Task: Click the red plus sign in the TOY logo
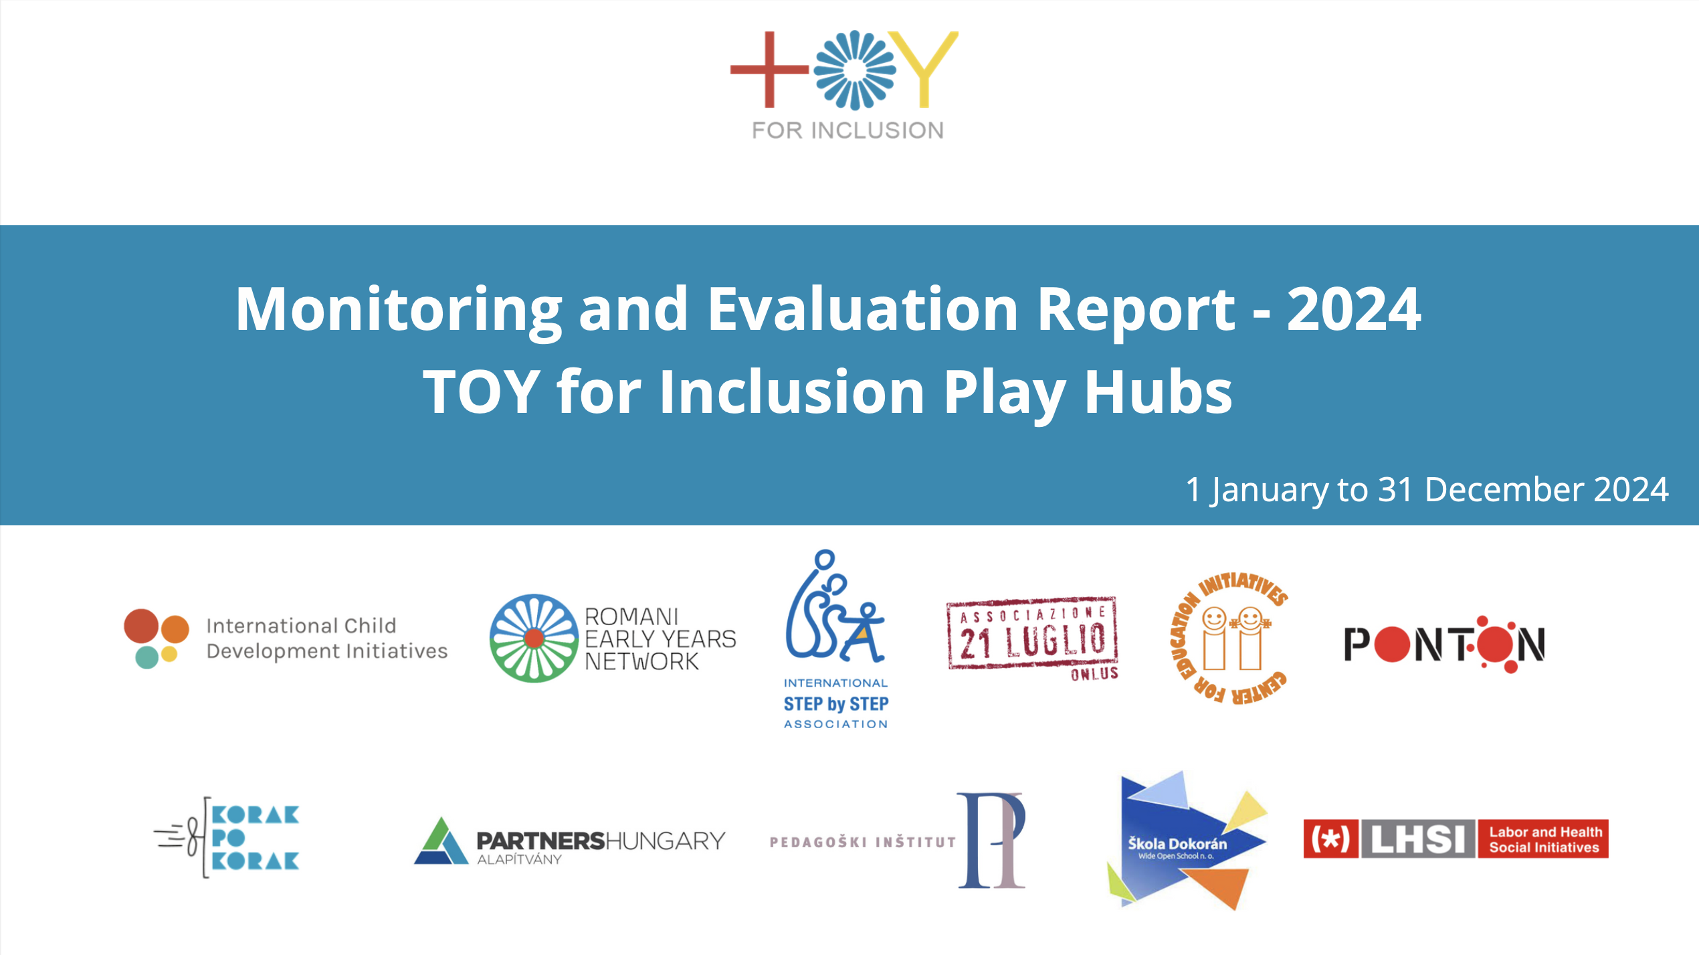[769, 69]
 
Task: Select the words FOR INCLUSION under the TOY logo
[847, 131]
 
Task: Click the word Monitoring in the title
[399, 309]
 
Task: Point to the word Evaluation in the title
[862, 309]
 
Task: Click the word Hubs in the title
[1158, 392]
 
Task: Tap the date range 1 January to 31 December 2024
[1427, 489]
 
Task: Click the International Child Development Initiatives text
[326, 638]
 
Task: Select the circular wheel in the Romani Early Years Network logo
[534, 638]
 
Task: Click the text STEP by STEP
[836, 704]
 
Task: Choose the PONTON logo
[1444, 644]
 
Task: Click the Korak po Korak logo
[227, 837]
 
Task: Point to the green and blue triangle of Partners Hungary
[440, 842]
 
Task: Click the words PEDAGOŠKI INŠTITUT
[863, 842]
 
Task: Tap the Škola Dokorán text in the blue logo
[1177, 844]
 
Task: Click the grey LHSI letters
[1418, 839]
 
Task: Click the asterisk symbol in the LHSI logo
[1330, 839]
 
